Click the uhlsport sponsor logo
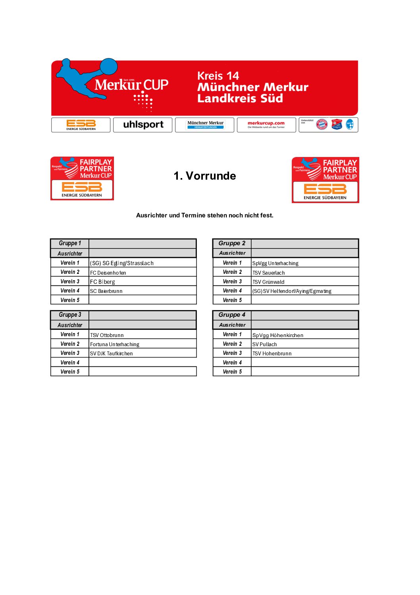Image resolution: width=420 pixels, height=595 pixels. (143, 124)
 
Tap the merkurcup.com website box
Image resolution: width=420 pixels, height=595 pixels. (266, 124)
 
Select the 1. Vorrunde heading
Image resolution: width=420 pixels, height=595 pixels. (204, 176)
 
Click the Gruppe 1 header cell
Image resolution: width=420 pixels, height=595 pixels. (70, 243)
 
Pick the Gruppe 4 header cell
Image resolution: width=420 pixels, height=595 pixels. (232, 315)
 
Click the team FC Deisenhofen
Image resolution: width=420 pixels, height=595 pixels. (108, 273)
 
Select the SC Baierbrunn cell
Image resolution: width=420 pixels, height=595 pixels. (106, 291)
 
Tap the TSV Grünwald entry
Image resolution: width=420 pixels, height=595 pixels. (268, 282)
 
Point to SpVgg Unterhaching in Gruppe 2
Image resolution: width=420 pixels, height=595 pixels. (276, 263)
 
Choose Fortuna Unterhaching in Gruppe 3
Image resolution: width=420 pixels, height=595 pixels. (115, 344)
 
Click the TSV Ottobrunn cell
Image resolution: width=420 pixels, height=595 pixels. (107, 335)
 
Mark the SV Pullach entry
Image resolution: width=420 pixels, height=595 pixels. (265, 344)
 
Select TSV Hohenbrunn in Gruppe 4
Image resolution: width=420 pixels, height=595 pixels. (272, 353)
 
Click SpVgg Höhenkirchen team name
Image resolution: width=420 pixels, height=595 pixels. (278, 335)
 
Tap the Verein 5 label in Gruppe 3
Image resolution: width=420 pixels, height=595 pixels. (70, 372)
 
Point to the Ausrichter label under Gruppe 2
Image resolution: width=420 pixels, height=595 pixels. (232, 253)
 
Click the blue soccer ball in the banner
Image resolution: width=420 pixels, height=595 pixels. (108, 67)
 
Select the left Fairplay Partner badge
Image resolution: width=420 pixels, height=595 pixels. (82, 178)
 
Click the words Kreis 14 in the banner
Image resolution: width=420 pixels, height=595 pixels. (218, 76)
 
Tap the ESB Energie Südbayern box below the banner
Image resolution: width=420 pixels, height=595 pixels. (81, 124)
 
